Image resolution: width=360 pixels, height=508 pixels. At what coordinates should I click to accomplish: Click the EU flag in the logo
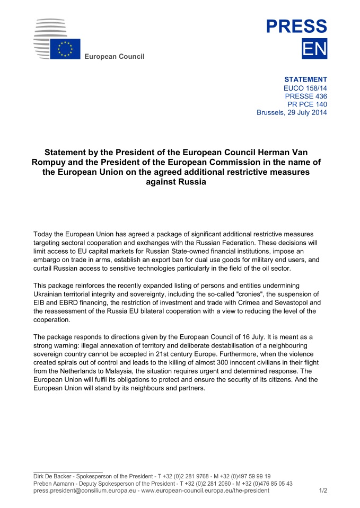(65, 49)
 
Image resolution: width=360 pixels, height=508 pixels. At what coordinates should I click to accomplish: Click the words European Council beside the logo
(115, 57)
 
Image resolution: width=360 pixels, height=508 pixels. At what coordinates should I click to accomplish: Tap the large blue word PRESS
(296, 26)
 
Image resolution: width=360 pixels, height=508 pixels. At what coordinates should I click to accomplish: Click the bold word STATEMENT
(306, 79)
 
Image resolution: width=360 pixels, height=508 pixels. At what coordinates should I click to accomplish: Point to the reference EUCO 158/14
(305, 88)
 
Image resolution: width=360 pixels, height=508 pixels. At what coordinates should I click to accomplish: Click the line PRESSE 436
(306, 96)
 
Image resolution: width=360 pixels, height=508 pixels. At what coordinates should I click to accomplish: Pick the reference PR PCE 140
(307, 104)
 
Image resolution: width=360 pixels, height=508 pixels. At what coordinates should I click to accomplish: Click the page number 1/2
(323, 491)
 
